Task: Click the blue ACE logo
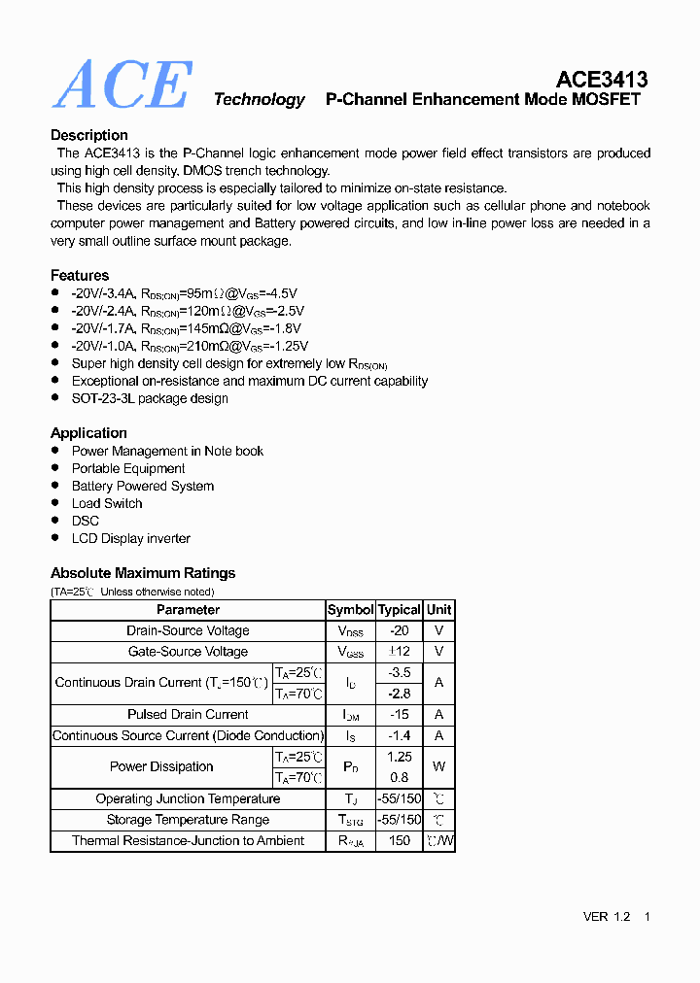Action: (x=122, y=85)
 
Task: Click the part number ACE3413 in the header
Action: (x=602, y=80)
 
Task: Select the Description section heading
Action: (x=89, y=135)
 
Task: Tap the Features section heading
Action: (x=80, y=275)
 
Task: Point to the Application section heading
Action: (x=88, y=432)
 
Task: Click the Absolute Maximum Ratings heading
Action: (x=143, y=573)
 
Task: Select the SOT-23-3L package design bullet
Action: (x=150, y=398)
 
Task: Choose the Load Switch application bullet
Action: (x=107, y=503)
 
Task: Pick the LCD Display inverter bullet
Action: (x=131, y=538)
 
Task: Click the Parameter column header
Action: (x=188, y=610)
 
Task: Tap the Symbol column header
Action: (x=350, y=610)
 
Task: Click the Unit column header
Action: (x=438, y=610)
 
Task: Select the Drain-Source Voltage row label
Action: (x=188, y=630)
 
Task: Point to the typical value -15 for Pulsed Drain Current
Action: (x=400, y=714)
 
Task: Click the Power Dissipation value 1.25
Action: (x=400, y=756)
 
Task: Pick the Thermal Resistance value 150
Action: (x=400, y=840)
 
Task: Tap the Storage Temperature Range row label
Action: (x=188, y=820)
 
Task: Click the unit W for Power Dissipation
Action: (x=438, y=766)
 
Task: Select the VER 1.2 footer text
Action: (x=607, y=917)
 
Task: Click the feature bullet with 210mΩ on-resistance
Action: (x=190, y=346)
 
